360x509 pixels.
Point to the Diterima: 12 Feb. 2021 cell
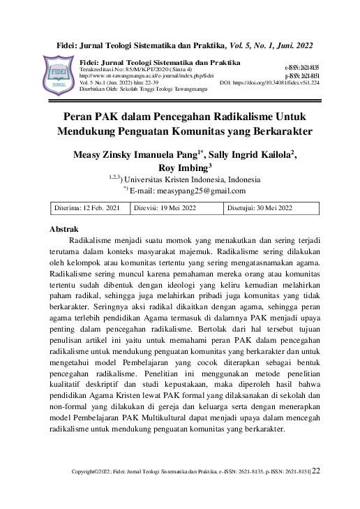(87, 208)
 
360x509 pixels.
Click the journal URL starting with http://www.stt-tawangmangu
(147, 75)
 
